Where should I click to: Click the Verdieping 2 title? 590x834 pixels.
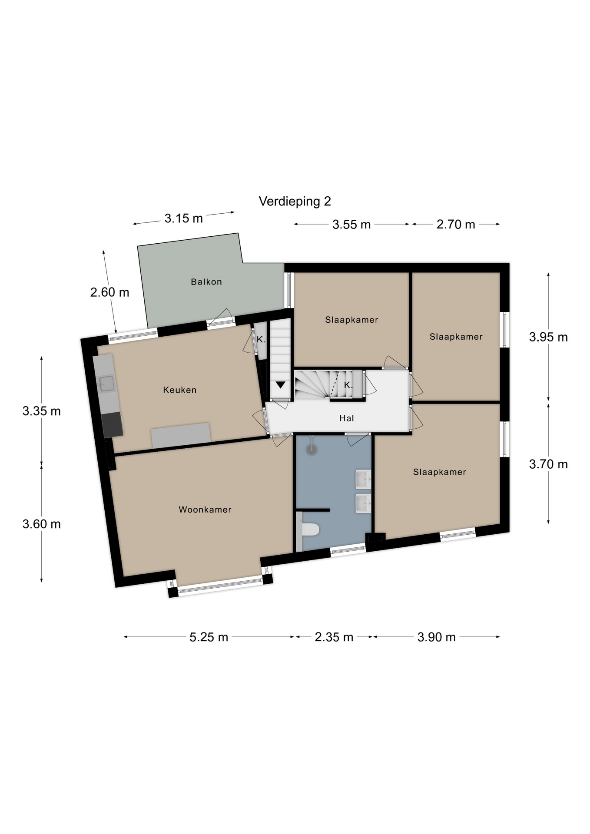coord(295,201)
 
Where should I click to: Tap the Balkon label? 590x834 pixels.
coord(206,282)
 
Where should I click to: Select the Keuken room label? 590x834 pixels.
coord(180,390)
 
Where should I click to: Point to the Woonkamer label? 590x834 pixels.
coord(205,510)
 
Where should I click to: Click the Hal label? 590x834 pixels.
coord(347,418)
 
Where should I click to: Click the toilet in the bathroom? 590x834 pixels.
coord(310,530)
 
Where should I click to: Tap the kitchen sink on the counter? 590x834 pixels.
coord(106,383)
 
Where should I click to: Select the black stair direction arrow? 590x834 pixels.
coord(280,385)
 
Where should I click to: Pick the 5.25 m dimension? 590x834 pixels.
coord(209,637)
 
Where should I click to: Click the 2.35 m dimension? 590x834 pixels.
coord(334,637)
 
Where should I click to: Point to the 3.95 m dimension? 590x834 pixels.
coord(548,337)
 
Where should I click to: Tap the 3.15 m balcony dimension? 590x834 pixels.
coord(184,218)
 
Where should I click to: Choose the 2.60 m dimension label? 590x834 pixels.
coord(109,292)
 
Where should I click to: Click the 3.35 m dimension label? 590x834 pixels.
coord(42,411)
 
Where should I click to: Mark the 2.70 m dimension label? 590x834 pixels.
coord(456,225)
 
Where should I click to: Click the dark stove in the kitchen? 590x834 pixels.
coord(112,425)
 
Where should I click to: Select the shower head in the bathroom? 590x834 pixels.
coord(312,450)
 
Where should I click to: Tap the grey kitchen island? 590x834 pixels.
coord(181,435)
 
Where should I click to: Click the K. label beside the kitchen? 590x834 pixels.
coord(261,340)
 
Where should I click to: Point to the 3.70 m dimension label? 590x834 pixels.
coord(548,464)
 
